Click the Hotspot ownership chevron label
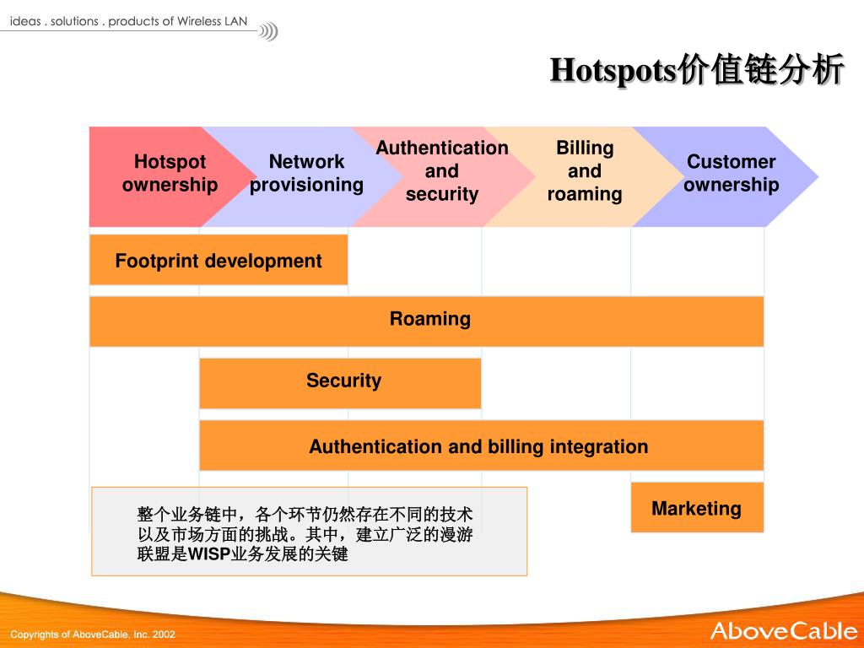tap(170, 173)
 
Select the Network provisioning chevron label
tap(306, 173)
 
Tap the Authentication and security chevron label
tap(442, 170)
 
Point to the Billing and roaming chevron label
tap(585, 170)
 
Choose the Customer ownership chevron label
tap(731, 173)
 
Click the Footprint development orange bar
tap(219, 261)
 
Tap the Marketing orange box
tap(697, 508)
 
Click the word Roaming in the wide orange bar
tap(430, 319)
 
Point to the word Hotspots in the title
tap(613, 71)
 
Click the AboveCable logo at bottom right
tap(783, 630)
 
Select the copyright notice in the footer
tap(93, 634)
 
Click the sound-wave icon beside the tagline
tap(267, 32)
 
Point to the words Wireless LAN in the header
tap(212, 22)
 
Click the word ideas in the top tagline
tap(25, 22)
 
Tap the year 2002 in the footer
tap(164, 634)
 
